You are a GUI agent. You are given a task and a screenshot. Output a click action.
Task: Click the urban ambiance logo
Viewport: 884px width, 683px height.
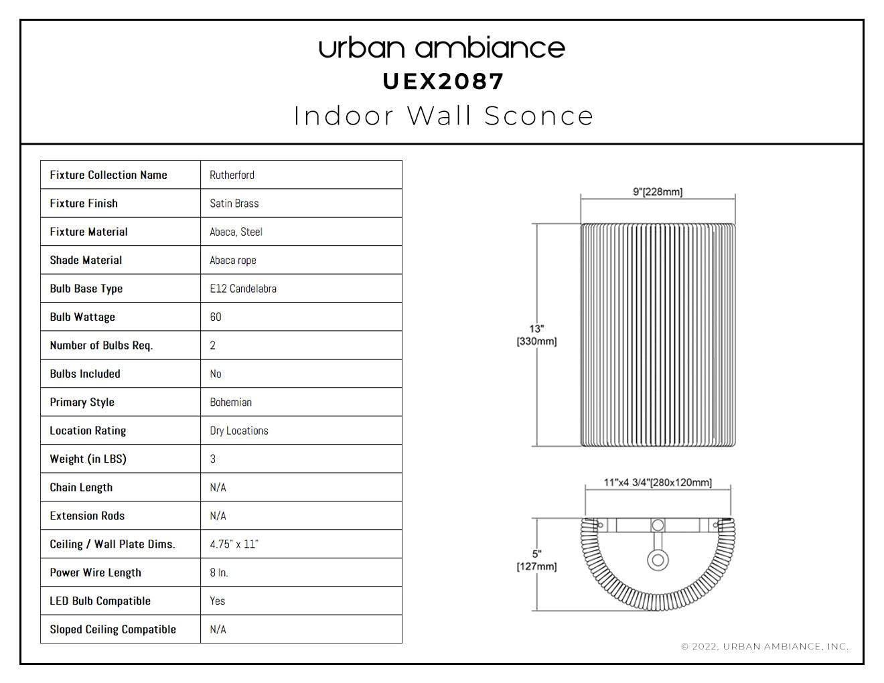pos(442,48)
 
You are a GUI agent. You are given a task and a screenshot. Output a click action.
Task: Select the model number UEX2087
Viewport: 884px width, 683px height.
pos(443,82)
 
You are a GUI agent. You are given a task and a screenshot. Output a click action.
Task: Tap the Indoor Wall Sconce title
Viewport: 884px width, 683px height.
pos(443,116)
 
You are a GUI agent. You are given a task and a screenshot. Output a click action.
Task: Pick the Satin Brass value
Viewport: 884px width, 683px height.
pos(234,204)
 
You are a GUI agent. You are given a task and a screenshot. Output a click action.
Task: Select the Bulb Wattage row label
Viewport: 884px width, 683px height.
pos(82,317)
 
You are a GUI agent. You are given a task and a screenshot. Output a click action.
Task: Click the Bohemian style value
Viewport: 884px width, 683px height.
pos(230,402)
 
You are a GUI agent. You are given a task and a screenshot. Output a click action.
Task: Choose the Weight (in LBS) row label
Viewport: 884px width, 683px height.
pos(88,459)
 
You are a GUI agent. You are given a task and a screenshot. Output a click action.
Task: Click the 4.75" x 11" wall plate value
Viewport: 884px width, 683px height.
pos(234,544)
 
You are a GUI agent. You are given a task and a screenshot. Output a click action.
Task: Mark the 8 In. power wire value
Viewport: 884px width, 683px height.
pos(219,573)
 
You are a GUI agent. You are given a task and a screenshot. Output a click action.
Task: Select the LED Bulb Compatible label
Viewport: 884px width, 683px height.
pos(100,601)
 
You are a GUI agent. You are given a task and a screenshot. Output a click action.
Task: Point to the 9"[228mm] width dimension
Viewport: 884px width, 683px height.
pos(658,192)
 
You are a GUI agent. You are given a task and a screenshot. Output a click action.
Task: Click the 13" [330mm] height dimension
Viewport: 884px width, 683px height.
pos(536,335)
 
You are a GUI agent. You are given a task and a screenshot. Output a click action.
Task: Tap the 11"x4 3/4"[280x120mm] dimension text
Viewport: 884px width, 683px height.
pos(658,483)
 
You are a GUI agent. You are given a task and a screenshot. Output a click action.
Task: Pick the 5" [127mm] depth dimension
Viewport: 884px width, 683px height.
pos(536,560)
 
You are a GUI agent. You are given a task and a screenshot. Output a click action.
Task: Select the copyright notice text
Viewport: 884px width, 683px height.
pos(765,647)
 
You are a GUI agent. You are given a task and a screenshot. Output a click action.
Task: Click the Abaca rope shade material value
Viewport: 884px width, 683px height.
pos(233,260)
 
